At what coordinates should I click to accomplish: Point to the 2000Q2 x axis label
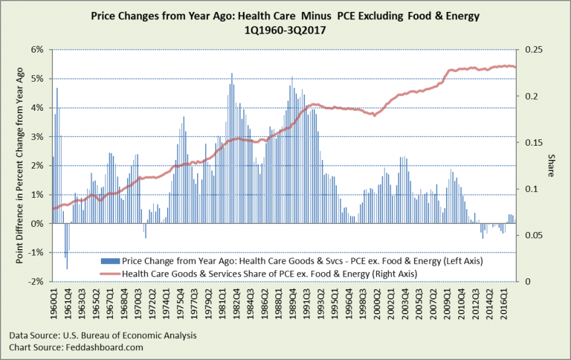point(383,302)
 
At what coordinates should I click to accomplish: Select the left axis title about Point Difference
point(13,166)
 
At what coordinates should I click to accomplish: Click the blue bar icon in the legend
point(109,261)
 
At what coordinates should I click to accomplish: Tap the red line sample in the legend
point(109,273)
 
